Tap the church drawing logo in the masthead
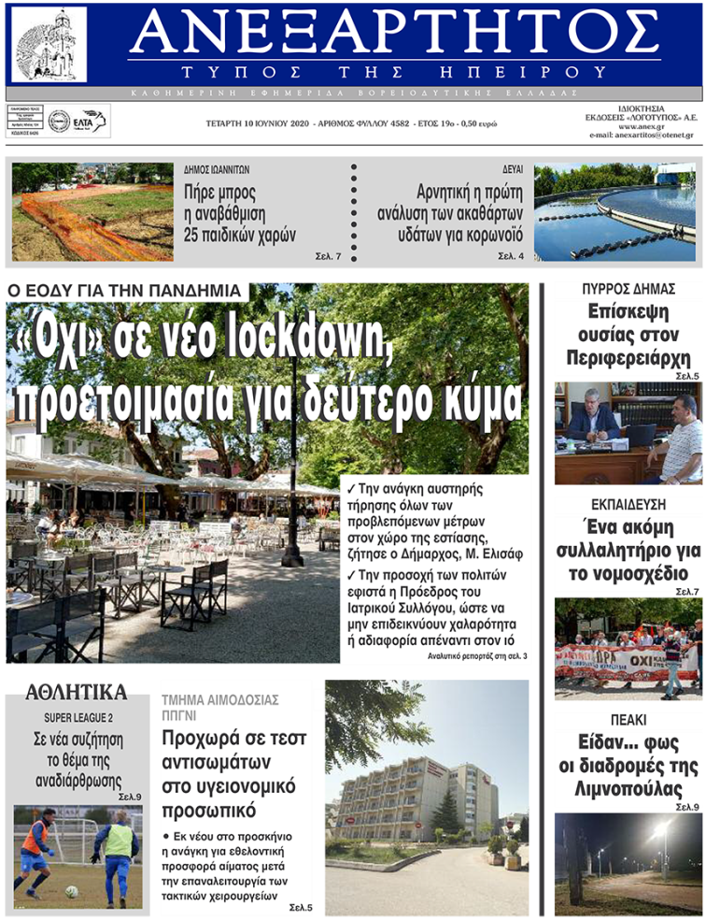pos(49,44)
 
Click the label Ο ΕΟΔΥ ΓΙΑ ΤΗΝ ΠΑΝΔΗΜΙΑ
pos(126,291)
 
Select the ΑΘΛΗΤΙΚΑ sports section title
pos(76,693)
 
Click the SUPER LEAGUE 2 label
pos(78,717)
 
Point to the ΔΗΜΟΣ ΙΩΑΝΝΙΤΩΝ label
pos(217,170)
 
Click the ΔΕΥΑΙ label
pos(513,170)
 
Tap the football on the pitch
pos(72,892)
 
